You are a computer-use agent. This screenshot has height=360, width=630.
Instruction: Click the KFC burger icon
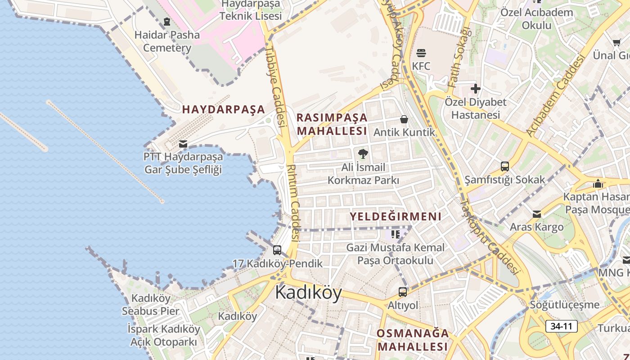click(x=421, y=53)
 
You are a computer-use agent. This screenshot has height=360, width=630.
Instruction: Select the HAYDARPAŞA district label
click(x=223, y=109)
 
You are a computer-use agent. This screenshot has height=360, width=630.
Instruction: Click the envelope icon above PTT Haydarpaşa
click(x=183, y=144)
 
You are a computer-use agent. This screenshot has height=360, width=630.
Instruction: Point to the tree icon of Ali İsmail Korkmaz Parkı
click(x=363, y=154)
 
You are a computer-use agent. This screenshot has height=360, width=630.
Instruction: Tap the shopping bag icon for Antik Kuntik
click(x=404, y=119)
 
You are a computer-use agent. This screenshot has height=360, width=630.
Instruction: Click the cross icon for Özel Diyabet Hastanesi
click(x=475, y=89)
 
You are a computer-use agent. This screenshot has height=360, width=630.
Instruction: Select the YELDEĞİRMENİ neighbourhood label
click(x=396, y=216)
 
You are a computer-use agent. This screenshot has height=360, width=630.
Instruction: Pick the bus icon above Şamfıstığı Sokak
click(x=505, y=166)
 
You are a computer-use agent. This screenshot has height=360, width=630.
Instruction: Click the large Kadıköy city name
click(x=308, y=292)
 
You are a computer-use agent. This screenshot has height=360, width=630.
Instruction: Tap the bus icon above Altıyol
click(x=403, y=292)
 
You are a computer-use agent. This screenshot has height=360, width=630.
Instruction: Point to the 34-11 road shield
click(x=561, y=326)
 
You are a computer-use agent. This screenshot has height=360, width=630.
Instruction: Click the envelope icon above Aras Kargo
click(x=537, y=214)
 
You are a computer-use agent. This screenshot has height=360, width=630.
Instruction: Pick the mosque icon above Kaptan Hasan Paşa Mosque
click(x=598, y=184)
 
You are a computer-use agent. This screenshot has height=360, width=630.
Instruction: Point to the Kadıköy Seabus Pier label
click(x=151, y=305)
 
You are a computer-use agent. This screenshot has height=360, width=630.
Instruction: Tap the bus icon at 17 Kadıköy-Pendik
click(x=277, y=250)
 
